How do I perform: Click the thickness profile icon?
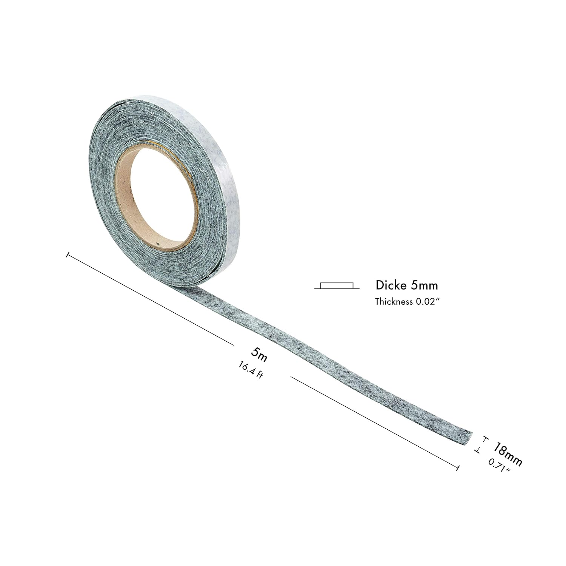click(x=337, y=286)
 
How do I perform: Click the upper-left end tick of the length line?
click(x=68, y=255)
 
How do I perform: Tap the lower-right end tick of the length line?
click(x=458, y=468)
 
